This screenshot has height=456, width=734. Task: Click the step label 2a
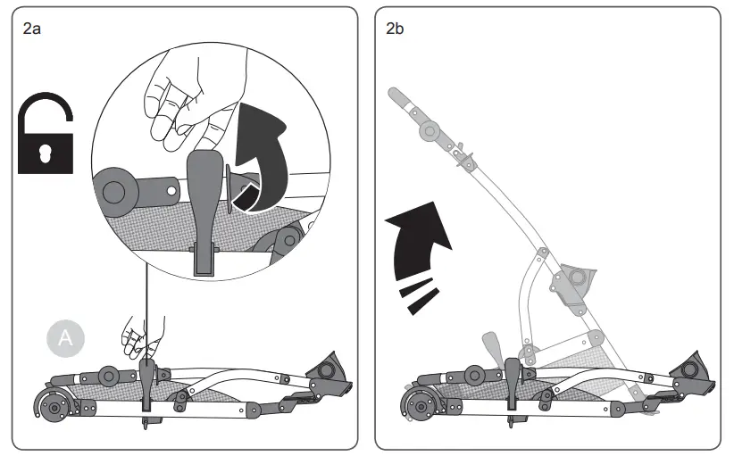tap(31, 29)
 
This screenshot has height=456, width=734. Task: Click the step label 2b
tap(395, 29)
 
